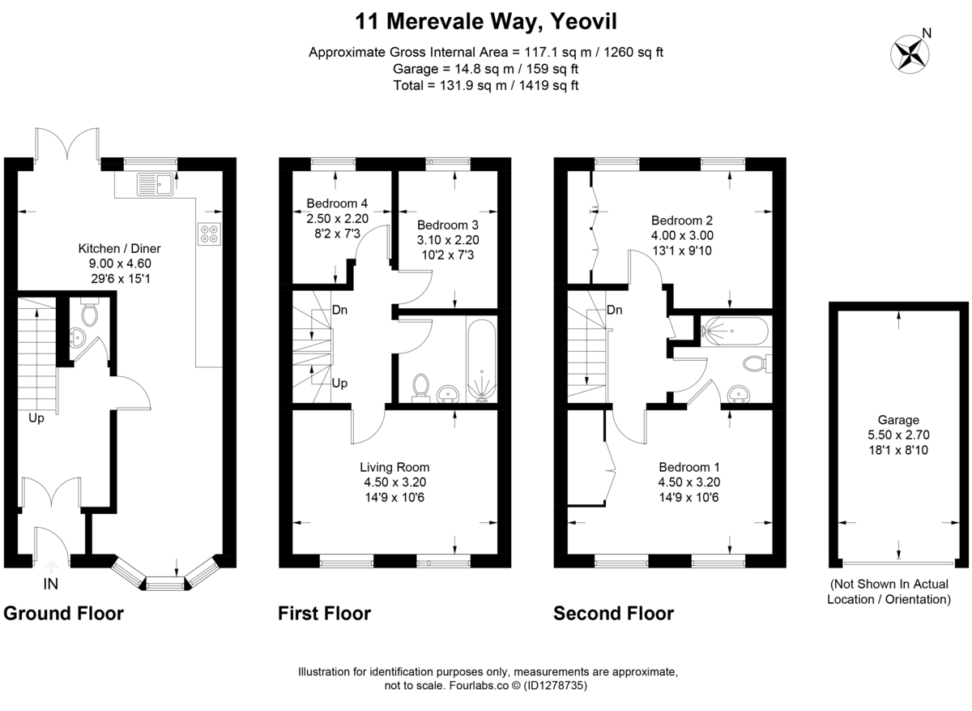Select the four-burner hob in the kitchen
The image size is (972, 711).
pyautogui.click(x=209, y=233)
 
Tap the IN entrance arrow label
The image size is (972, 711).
pyautogui.click(x=50, y=584)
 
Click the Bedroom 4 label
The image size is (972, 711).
pyautogui.click(x=338, y=203)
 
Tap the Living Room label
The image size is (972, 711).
pyautogui.click(x=394, y=467)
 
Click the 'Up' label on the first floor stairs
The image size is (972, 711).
pyautogui.click(x=340, y=383)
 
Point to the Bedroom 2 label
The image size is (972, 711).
pyautogui.click(x=682, y=220)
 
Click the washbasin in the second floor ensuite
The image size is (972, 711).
pyautogui.click(x=739, y=394)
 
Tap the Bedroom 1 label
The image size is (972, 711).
pyautogui.click(x=688, y=467)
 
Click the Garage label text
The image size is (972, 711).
pyautogui.click(x=899, y=420)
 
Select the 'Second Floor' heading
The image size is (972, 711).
pyautogui.click(x=613, y=614)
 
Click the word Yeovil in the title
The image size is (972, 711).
pyautogui.click(x=582, y=19)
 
